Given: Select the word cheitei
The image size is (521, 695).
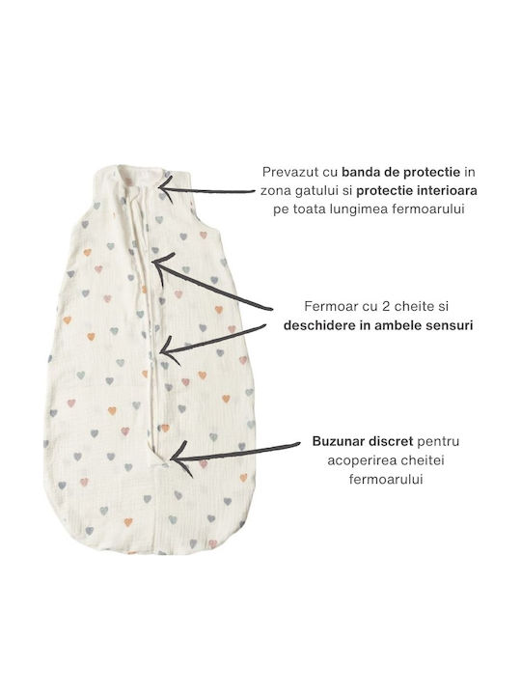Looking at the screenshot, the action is pyautogui.click(x=424, y=460).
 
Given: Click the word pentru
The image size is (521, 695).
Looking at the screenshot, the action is pyautogui.click(x=438, y=442).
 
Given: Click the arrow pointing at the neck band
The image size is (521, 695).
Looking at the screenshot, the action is pyautogui.click(x=207, y=190).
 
